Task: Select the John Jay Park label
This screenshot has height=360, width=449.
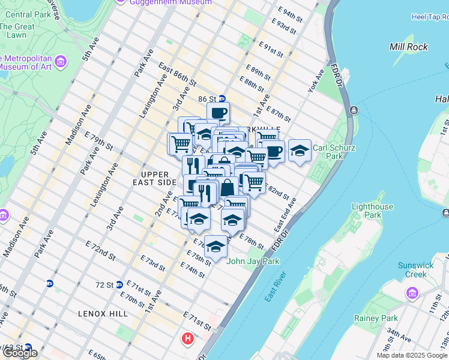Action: coord(253,261)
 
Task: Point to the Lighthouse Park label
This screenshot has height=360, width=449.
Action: coord(373,211)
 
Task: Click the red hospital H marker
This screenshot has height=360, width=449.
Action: coord(188,339)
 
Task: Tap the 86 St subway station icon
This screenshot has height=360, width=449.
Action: coord(221,99)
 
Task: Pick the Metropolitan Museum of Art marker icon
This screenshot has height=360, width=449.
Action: coord(60,61)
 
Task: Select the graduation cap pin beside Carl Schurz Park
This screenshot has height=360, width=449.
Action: coord(300,151)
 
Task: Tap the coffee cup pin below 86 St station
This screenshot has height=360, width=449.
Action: coord(218,112)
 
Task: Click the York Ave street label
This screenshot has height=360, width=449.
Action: coord(316,85)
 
